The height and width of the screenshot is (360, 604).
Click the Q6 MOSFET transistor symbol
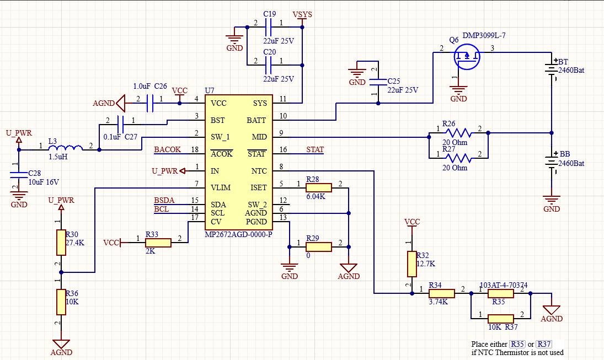[467, 57]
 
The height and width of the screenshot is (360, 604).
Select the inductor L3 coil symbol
[66, 147]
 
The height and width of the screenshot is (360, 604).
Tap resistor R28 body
[319, 187]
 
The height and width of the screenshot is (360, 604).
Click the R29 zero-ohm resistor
[319, 247]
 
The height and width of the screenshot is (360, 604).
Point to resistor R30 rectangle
[61, 243]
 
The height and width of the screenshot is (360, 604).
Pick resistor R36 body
[61, 302]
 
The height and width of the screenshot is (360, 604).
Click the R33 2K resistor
[158, 243]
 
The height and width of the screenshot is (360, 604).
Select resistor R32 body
[412, 264]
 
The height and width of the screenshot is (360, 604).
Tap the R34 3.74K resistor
[442, 293]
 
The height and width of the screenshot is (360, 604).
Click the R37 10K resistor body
[501, 319]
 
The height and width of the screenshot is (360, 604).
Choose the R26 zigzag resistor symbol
[458, 133]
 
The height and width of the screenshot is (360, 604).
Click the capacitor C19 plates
[269, 27]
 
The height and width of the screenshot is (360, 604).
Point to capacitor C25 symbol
[378, 82]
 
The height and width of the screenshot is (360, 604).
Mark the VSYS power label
[302, 15]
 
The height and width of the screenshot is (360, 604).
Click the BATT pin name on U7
[256, 120]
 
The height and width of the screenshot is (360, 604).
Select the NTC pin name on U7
[259, 171]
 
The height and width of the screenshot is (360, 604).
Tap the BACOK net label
[167, 149]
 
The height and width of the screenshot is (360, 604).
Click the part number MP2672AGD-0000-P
[238, 234]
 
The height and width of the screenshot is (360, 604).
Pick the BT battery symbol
[552, 70]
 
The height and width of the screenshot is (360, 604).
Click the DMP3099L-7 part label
[484, 35]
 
